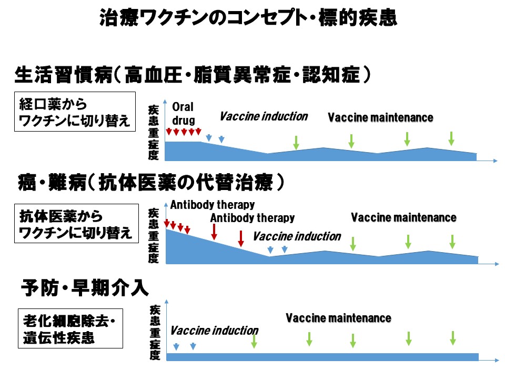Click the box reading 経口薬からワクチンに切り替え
click(x=73, y=112)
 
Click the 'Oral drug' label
click(x=183, y=114)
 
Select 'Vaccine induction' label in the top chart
click(x=264, y=116)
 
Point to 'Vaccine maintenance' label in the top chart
click(x=380, y=118)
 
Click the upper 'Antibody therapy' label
click(x=213, y=204)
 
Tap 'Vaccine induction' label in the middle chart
click(x=297, y=236)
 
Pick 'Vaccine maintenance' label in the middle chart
click(x=403, y=217)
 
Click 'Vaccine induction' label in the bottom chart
click(x=214, y=331)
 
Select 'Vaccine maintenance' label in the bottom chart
click(x=338, y=318)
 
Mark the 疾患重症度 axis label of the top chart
click(x=154, y=132)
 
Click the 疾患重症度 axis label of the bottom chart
click(x=154, y=332)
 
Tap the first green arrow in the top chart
click(x=296, y=142)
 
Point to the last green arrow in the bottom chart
click(x=453, y=338)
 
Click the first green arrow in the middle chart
click(x=353, y=243)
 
